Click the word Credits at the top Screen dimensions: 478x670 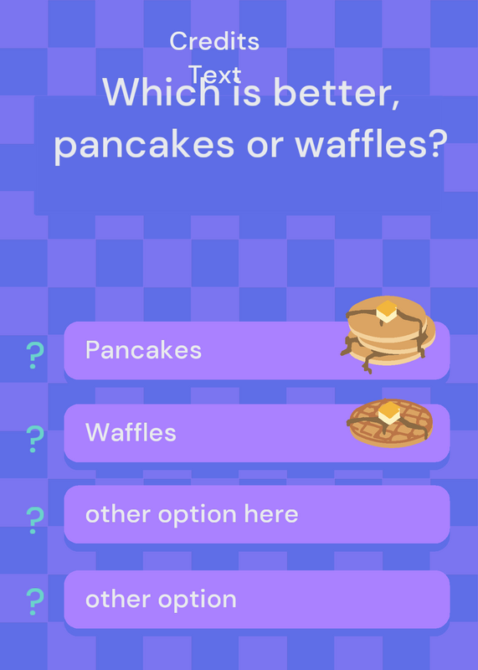tap(214, 41)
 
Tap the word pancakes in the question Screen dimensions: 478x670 tap(144, 144)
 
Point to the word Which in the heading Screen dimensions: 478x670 tap(162, 92)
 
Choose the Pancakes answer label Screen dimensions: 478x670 tap(143, 350)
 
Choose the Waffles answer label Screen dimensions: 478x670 tap(131, 432)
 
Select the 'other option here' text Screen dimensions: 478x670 tap(192, 514)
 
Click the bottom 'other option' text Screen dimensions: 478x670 tap(161, 600)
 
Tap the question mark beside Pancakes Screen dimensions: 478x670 tap(35, 355)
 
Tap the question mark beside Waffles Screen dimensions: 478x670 tap(35, 439)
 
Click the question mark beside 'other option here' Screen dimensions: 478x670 tap(35, 520)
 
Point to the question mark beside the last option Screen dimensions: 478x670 tap(35, 601)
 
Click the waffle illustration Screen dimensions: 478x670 tap(390, 423)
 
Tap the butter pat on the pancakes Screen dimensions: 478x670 tap(387, 311)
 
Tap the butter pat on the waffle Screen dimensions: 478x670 tap(389, 413)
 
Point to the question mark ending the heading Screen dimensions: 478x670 tap(437, 141)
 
